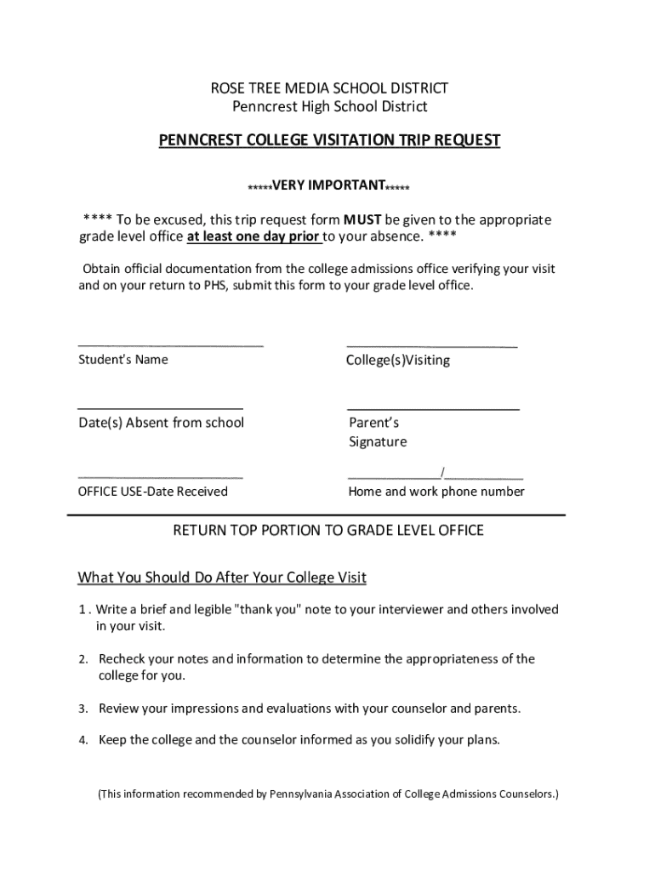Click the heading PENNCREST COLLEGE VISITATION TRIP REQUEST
pos(329,140)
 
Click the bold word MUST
pos(362,219)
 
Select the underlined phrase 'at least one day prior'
pos(253,236)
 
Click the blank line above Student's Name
pos(171,345)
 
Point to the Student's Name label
pos(123,359)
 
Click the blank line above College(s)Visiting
pos(431,346)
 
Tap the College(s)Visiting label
pos(398,360)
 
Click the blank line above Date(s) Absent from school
pos(160,408)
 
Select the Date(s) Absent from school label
pos(161,423)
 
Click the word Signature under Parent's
pos(378,441)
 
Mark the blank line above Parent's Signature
pos(433,409)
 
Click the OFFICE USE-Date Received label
pos(153,492)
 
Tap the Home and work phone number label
pos(436,492)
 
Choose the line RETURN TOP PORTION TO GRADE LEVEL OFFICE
pos(328,531)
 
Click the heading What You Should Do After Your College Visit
pos(222,578)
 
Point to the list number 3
pos(84,709)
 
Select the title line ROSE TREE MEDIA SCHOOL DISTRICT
pos(329,88)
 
